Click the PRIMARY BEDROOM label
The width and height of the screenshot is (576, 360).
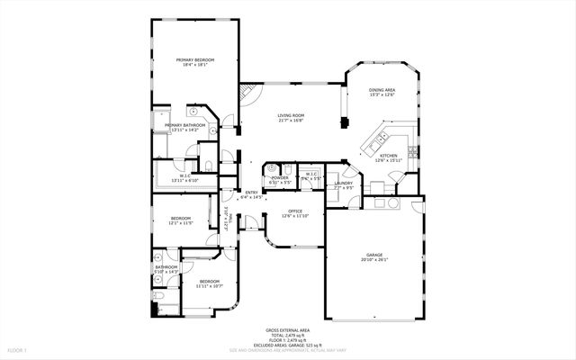click(x=194, y=59)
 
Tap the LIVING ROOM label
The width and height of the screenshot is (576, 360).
click(x=291, y=115)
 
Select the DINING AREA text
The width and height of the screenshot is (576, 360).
click(x=382, y=90)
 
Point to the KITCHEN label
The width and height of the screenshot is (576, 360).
click(x=388, y=156)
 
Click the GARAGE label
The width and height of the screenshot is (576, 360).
click(x=373, y=255)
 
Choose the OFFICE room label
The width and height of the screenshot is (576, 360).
click(x=294, y=211)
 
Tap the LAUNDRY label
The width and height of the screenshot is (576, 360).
click(x=344, y=183)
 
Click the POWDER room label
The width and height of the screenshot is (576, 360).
click(x=280, y=177)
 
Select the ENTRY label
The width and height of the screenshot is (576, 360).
click(x=251, y=192)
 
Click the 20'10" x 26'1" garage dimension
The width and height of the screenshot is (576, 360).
click(x=373, y=260)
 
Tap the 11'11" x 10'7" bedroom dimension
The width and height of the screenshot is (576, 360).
click(x=210, y=286)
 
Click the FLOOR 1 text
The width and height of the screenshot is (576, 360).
click(x=17, y=349)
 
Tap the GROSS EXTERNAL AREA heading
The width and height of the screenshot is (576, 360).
click(x=287, y=329)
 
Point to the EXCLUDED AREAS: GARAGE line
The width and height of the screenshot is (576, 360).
click(x=287, y=344)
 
